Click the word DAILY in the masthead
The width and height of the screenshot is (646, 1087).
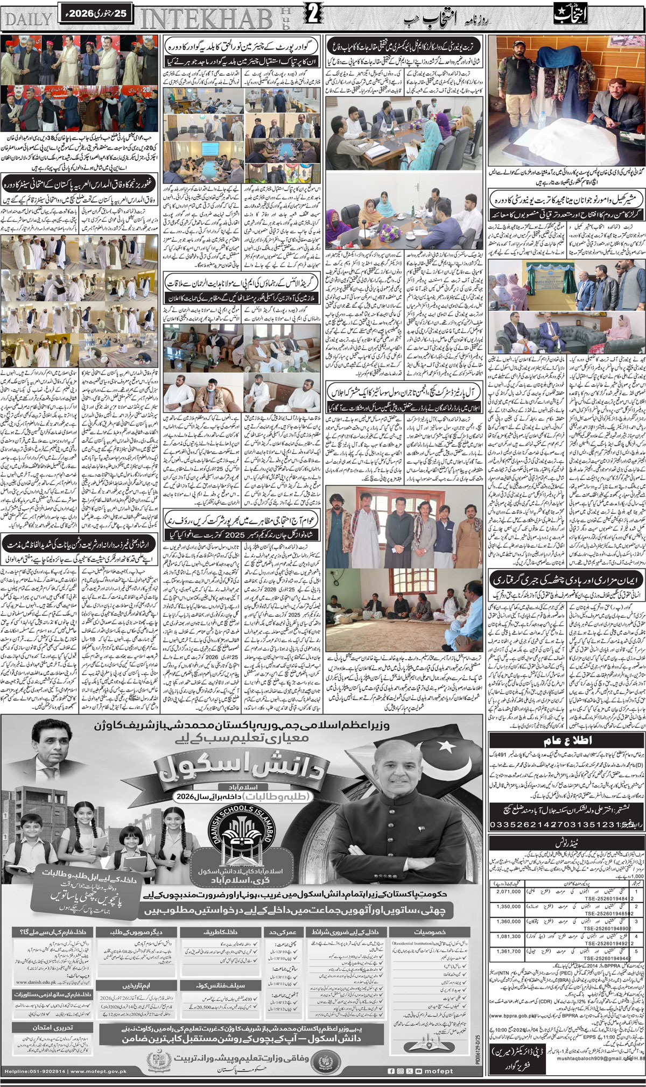[27, 18]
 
